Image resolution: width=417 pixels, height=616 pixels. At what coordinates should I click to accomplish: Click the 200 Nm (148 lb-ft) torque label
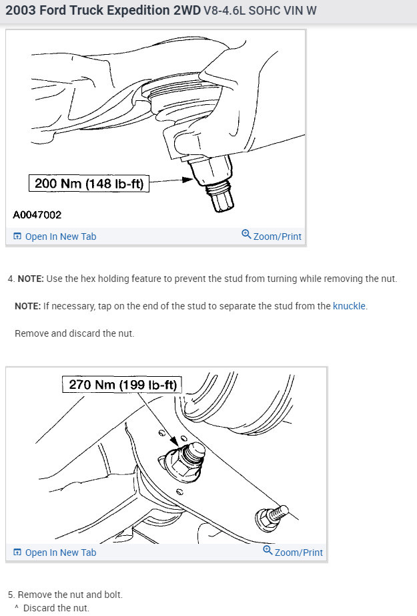pos(89,184)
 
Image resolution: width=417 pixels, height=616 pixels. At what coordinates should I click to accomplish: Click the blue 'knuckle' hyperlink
pos(349,306)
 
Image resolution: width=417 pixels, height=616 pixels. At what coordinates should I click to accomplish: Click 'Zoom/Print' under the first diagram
pos(272,236)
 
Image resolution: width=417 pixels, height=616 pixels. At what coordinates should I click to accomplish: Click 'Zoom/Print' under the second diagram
pos(293,552)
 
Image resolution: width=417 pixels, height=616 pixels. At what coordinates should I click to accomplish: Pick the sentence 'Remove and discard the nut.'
pos(74,333)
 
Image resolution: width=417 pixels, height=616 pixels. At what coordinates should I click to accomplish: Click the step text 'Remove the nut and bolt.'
pos(70,595)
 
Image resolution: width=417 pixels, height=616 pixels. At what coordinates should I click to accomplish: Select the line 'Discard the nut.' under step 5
pos(56,608)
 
